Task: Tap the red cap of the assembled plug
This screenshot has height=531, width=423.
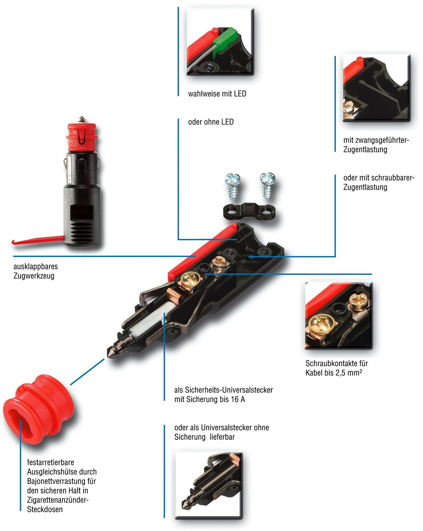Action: pyautogui.click(x=81, y=136)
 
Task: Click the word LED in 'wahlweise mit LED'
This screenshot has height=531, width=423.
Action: pyautogui.click(x=240, y=94)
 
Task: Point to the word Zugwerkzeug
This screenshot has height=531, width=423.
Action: pyautogui.click(x=34, y=276)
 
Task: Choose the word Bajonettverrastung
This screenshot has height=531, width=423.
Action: pyautogui.click(x=62, y=481)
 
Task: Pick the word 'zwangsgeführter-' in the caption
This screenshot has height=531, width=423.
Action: pyautogui.click(x=376, y=140)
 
